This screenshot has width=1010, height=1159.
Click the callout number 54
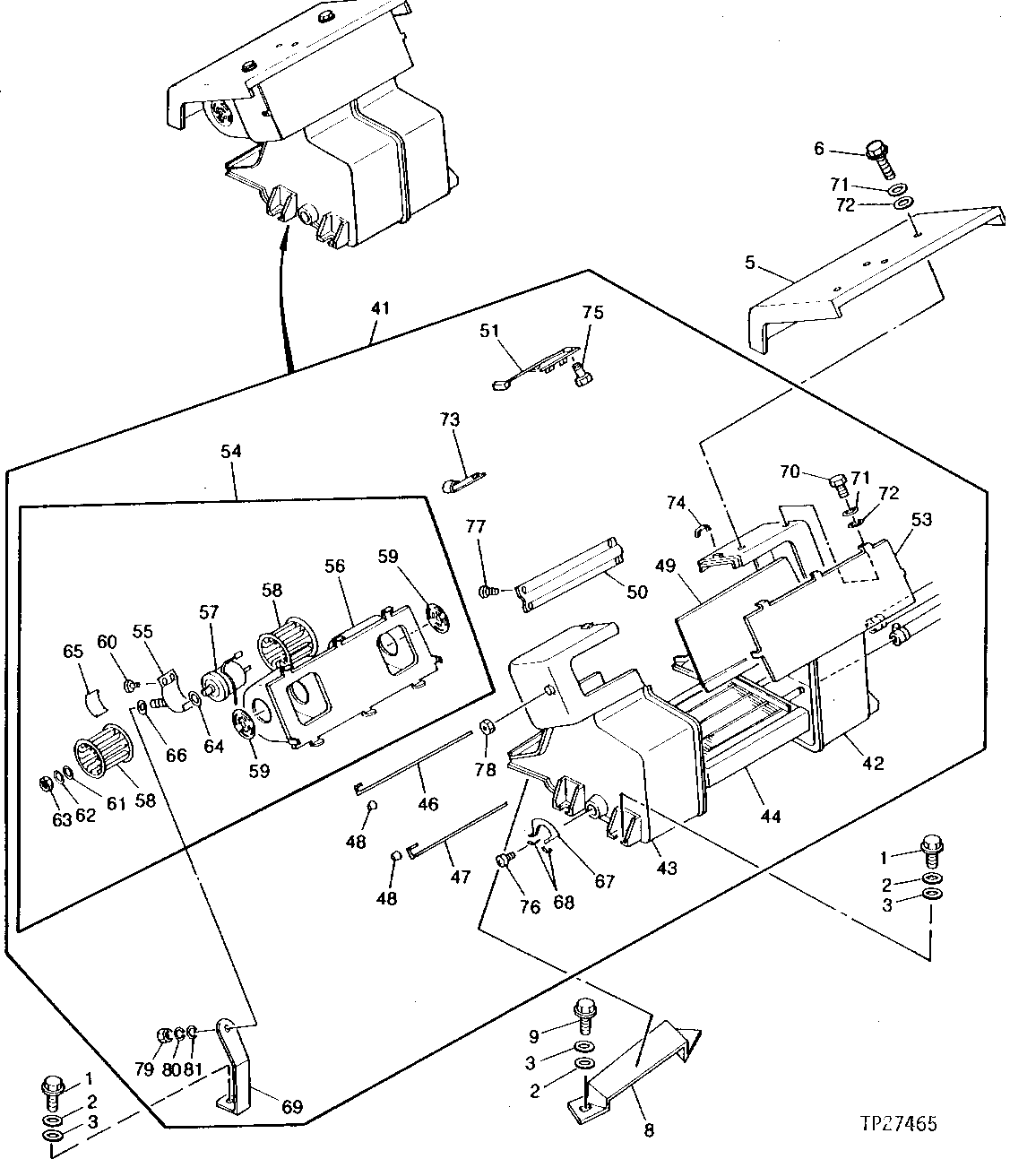click(230, 452)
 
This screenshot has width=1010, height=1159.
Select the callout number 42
click(873, 763)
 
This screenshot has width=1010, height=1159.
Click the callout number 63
click(61, 819)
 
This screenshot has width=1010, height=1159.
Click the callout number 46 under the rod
click(428, 803)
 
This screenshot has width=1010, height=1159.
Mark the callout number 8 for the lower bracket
click(648, 1130)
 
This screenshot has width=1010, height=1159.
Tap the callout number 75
click(592, 313)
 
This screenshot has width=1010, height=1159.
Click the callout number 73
click(449, 419)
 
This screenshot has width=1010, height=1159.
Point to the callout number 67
click(605, 881)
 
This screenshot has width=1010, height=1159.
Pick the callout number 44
click(771, 816)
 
